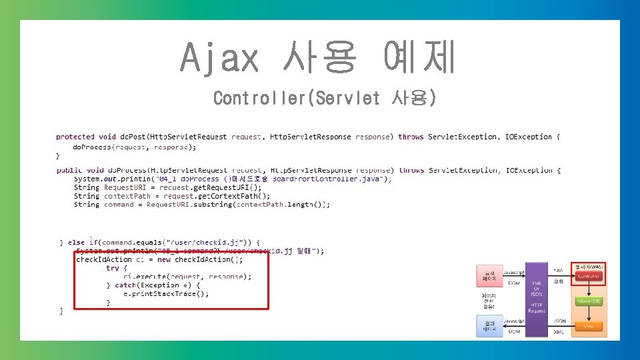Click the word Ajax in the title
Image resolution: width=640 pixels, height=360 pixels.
pos(219,57)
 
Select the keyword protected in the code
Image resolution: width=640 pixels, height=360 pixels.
pos(75,137)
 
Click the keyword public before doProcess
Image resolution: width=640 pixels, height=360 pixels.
pos(69,170)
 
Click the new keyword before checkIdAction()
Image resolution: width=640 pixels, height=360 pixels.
pos(164,259)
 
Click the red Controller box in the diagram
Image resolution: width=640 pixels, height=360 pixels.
pos(589,276)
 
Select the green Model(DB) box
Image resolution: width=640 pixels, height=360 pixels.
pos(589,301)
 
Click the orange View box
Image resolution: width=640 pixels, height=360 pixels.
pos(589,326)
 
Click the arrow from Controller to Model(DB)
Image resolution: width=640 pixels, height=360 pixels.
pos(589,288)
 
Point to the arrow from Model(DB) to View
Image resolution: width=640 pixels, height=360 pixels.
pos(589,313)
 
